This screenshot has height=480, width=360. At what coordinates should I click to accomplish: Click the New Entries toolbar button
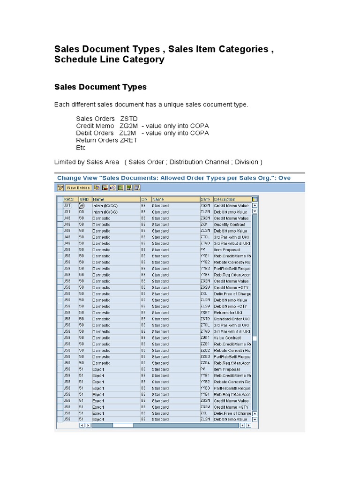(x=78, y=187)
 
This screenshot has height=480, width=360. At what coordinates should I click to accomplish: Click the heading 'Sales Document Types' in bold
(x=100, y=87)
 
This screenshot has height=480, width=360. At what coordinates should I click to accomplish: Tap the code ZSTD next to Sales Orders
(x=129, y=119)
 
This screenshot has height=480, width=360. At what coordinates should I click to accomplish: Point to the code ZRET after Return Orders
(x=129, y=140)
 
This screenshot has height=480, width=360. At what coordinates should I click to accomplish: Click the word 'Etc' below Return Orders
(x=81, y=147)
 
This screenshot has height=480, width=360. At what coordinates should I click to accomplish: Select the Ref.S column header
(x=69, y=199)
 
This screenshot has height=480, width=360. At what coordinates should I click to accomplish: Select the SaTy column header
(x=206, y=199)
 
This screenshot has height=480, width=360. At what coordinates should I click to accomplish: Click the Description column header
(x=225, y=199)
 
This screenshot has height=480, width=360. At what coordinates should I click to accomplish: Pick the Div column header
(x=144, y=199)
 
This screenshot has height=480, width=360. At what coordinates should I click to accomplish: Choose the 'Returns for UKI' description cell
(x=228, y=313)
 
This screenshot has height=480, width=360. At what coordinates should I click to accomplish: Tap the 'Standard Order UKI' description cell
(x=232, y=319)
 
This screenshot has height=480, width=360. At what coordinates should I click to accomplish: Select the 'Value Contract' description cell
(x=227, y=337)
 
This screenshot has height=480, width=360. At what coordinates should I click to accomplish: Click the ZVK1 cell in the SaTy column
(x=205, y=337)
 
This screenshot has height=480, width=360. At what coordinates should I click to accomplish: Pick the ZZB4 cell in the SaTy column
(x=205, y=363)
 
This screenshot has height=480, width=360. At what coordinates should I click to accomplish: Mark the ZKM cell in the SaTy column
(x=204, y=225)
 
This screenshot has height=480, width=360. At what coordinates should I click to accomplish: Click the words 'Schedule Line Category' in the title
(x=109, y=60)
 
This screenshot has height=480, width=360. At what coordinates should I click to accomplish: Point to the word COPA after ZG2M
(x=199, y=126)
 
